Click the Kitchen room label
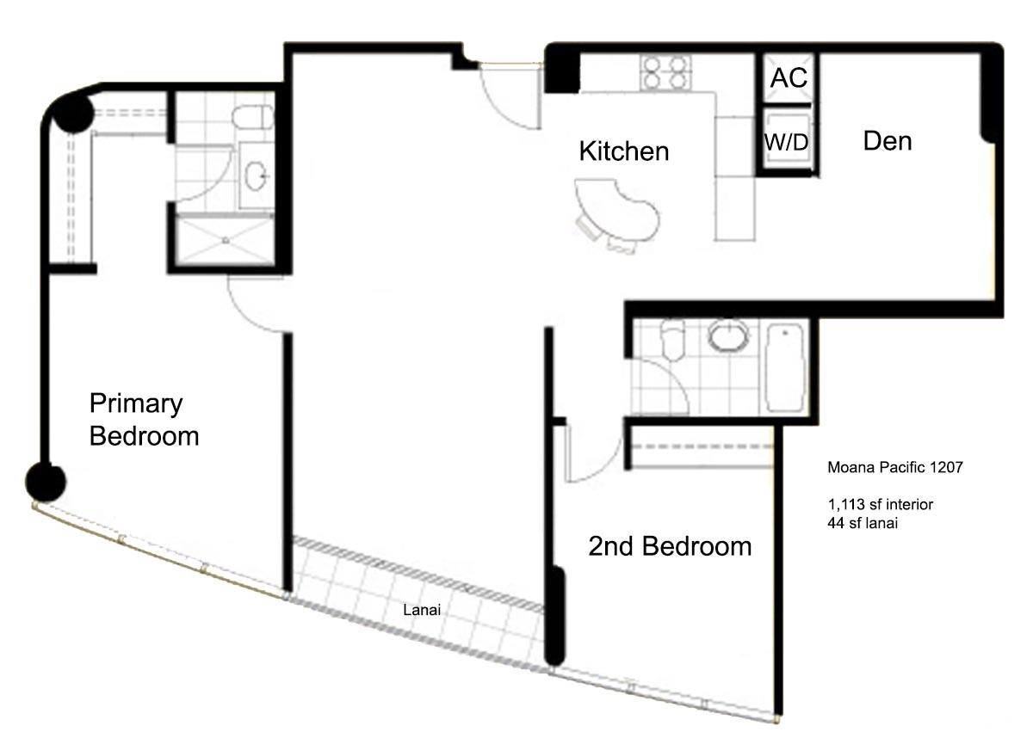(x=624, y=151)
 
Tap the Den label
(x=888, y=141)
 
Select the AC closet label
(x=789, y=77)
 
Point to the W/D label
(x=786, y=142)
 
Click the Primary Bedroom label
(x=144, y=419)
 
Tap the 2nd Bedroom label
(x=670, y=546)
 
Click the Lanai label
(x=422, y=610)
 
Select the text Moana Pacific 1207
(x=895, y=467)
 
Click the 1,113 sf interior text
(x=881, y=504)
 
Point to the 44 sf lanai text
(x=863, y=523)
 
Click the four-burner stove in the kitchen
(x=665, y=72)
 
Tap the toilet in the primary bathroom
(x=253, y=117)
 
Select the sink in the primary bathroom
(x=257, y=175)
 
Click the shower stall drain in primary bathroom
(x=226, y=241)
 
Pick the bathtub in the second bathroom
(x=785, y=367)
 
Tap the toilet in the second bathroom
(x=673, y=340)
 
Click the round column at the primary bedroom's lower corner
(x=45, y=483)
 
